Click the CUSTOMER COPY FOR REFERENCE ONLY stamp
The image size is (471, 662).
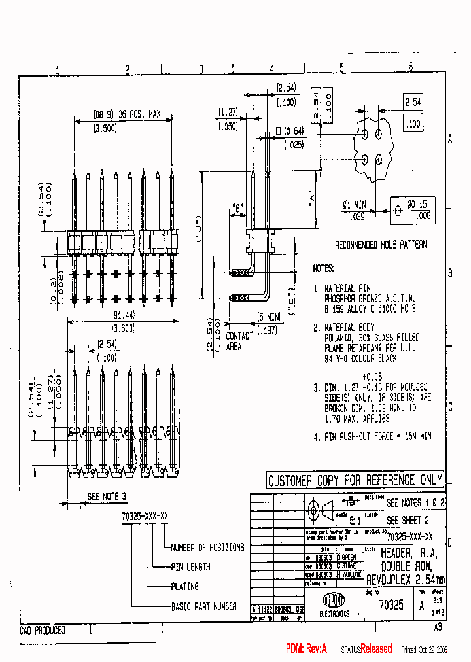click(x=355, y=480)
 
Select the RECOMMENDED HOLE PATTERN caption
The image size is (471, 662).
click(x=381, y=245)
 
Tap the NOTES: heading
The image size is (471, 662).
click(x=323, y=268)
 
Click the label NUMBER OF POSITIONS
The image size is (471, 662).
click(x=207, y=548)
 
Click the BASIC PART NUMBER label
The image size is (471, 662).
click(x=203, y=606)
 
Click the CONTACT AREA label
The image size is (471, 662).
click(x=239, y=340)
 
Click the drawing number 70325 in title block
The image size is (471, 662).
click(x=391, y=605)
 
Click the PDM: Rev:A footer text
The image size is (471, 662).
click(x=305, y=648)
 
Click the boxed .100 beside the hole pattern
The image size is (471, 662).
click(x=413, y=124)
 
